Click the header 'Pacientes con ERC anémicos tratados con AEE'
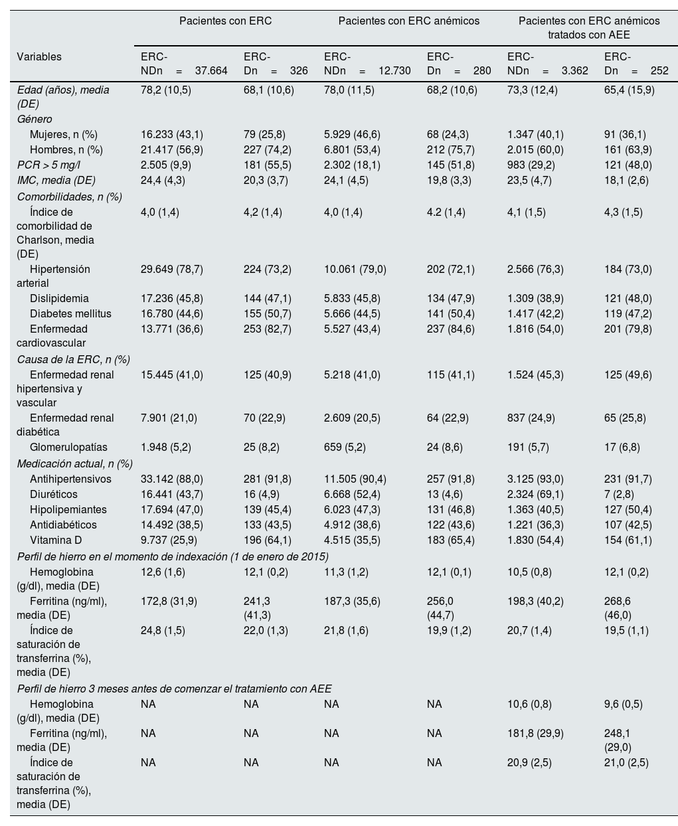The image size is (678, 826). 589,28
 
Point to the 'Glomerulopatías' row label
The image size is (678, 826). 68,448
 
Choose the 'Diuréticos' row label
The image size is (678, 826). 54,495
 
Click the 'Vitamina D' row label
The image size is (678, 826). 56,540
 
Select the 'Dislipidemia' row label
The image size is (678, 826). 59,299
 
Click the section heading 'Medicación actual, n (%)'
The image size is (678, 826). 75,463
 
